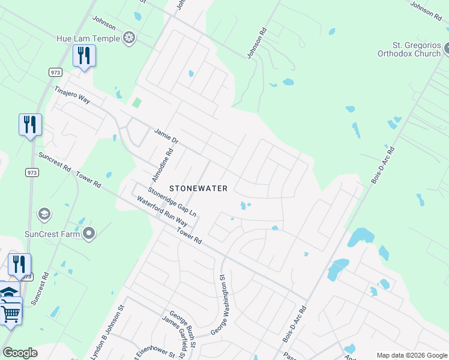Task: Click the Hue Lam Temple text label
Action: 88,38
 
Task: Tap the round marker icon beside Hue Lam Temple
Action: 128,39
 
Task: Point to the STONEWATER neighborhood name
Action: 198,188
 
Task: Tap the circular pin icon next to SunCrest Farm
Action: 89,233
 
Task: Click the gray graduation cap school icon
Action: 44,214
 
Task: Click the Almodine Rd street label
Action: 162,165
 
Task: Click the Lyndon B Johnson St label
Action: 107,332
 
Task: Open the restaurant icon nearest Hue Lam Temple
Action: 84,56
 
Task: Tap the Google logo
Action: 20,353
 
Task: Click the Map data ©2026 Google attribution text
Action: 411,355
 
